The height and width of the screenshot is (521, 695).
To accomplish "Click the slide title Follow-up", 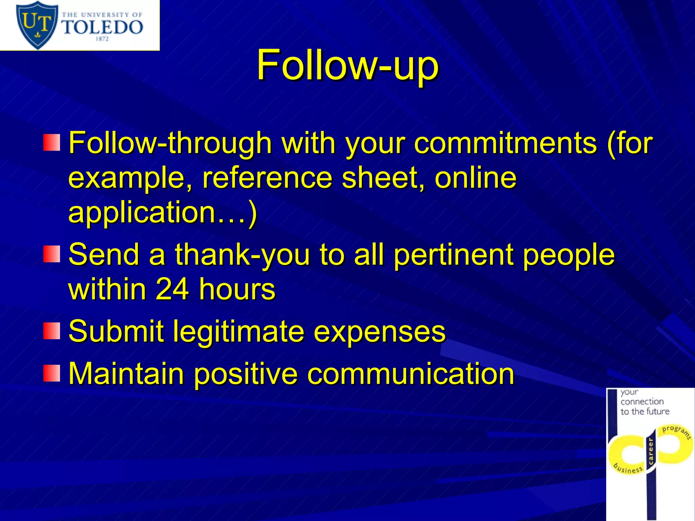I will (347, 65).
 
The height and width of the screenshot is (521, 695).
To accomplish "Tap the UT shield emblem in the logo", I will (37, 24).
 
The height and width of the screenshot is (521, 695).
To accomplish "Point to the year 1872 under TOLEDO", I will (102, 39).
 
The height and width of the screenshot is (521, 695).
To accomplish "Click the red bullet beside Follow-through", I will (52, 143).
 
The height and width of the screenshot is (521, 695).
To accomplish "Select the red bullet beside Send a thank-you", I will (52, 254).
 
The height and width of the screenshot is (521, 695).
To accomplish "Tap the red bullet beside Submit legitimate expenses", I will (52, 331).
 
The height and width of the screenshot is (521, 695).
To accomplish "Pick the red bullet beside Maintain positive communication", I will (52, 373).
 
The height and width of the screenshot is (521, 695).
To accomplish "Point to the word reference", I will (267, 178).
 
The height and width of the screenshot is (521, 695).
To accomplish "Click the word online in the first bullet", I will (475, 178).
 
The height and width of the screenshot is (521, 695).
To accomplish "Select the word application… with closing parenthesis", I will (162, 212).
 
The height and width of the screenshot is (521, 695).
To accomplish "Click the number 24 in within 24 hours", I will (172, 289).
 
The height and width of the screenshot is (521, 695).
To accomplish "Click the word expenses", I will (379, 331).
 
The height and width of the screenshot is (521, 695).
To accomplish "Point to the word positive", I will (246, 374).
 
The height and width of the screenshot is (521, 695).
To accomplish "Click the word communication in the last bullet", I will (411, 374).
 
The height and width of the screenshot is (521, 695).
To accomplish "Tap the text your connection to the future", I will (644, 402).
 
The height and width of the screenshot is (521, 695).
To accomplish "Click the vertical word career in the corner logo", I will (651, 451).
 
